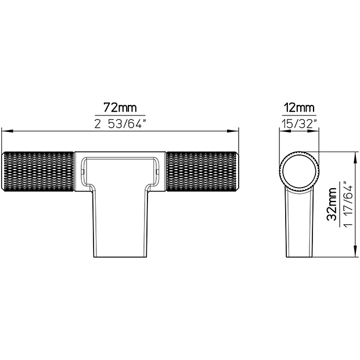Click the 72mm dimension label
120,107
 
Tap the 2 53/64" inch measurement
120,124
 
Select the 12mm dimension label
299,107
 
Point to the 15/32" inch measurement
300,124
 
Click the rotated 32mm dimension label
332,204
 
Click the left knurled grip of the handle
38,171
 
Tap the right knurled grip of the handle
202,171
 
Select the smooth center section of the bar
120,171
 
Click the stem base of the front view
120,224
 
